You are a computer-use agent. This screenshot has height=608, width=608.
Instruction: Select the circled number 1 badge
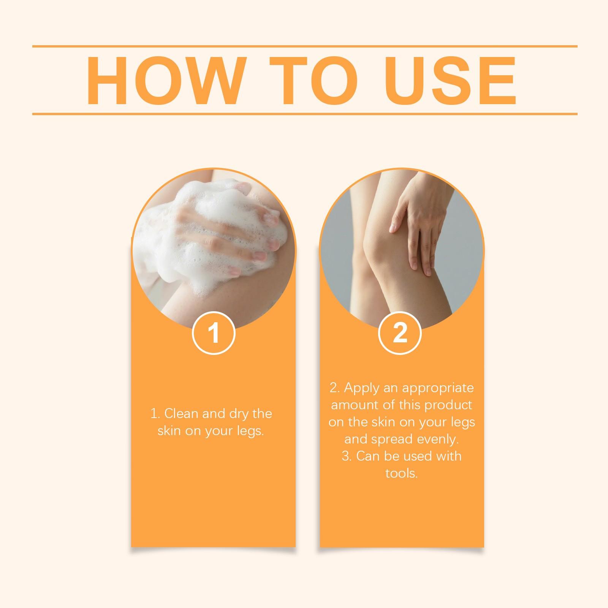click(214, 333)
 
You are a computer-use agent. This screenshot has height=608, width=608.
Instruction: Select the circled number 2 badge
click(400, 333)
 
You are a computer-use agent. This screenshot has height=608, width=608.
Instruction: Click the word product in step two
click(448, 405)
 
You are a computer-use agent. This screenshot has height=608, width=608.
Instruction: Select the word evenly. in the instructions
click(438, 439)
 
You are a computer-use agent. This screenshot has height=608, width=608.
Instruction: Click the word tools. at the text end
click(401, 473)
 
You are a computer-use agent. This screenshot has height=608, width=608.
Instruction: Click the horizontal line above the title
click(304, 46)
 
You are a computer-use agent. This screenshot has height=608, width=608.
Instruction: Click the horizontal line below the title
click(304, 114)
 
